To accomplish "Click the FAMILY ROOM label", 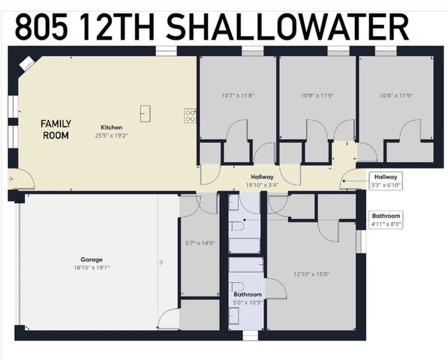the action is [x=56, y=130].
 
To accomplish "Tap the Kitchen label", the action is [x=111, y=127].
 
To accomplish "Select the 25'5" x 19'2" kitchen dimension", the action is [x=111, y=135].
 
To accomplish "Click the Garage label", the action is [x=92, y=259].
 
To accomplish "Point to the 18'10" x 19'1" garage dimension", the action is [x=92, y=268].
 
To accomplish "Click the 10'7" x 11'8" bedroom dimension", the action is [x=238, y=95].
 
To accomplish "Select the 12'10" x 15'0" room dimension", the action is [x=311, y=274].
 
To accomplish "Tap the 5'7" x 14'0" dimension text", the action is [x=200, y=243].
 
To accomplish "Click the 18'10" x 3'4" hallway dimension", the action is [x=262, y=185].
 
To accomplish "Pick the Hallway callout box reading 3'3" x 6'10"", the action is [x=386, y=181].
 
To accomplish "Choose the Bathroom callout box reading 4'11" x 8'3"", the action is [x=386, y=220].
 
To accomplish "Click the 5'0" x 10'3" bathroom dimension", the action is [x=248, y=302].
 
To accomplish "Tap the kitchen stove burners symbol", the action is [x=190, y=116].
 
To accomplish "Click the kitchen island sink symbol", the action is [x=145, y=113].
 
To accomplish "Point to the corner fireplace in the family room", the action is [x=26, y=64].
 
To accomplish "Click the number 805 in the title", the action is [x=41, y=28].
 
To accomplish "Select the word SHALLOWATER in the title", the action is [x=287, y=28].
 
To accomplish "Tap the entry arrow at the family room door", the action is [x=11, y=179].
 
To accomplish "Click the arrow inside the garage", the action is [x=161, y=262].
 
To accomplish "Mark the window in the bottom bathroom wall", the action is [x=251, y=335].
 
